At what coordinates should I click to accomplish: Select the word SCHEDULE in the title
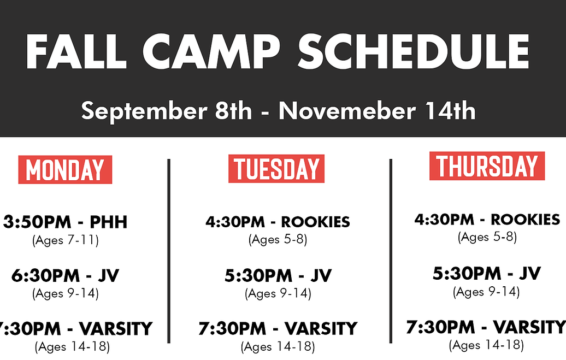tap(414, 52)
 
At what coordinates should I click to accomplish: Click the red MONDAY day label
tap(65, 170)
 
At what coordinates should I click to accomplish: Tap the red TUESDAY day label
tap(276, 169)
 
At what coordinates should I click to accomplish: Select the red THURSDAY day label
tap(487, 166)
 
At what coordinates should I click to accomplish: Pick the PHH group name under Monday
tap(109, 222)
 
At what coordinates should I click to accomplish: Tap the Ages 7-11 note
tap(66, 240)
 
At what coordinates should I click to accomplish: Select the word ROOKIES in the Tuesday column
tap(315, 222)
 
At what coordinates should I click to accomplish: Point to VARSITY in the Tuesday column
tap(321, 329)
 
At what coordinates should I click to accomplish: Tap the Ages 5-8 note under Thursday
tap(487, 237)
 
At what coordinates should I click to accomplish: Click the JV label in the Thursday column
tap(529, 274)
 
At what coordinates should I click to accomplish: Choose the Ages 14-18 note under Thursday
tap(486, 345)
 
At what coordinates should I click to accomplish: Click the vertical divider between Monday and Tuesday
tap(169, 251)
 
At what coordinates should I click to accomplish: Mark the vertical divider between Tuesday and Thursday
tap(391, 251)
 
